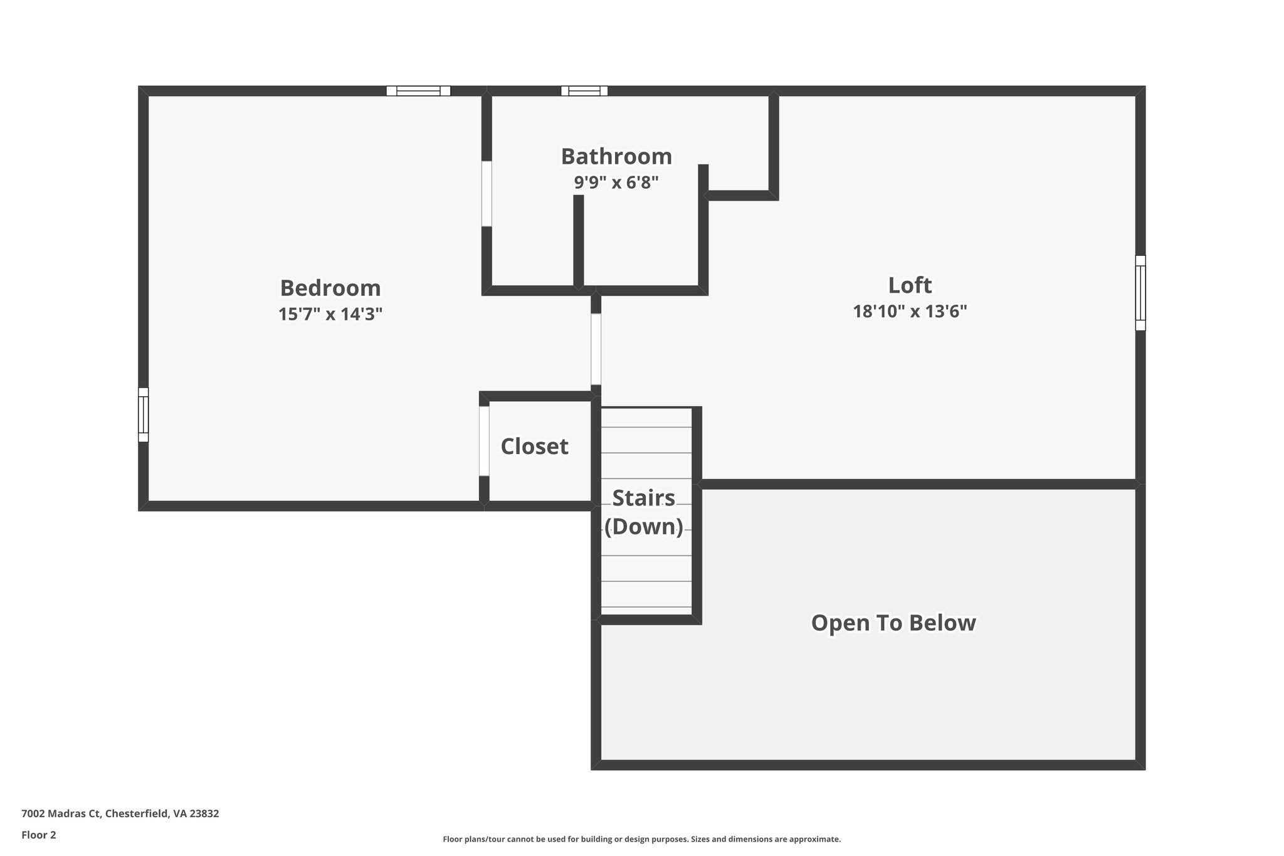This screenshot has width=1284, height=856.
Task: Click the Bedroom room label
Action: (330, 288)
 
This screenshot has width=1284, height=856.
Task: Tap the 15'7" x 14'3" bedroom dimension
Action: (330, 314)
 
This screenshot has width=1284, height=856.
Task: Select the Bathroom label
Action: (616, 156)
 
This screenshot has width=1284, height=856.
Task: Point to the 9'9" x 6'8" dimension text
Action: (616, 182)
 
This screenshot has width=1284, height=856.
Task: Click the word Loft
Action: (910, 285)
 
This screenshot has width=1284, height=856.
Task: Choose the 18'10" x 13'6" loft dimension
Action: (910, 311)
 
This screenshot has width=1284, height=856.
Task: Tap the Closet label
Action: (534, 446)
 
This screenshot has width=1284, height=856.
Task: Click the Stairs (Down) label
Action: (644, 512)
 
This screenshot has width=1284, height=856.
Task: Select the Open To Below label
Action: (893, 623)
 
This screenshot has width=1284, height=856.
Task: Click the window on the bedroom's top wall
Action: (418, 91)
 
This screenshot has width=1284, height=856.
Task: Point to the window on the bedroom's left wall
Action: (144, 415)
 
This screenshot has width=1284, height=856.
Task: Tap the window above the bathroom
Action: (584, 91)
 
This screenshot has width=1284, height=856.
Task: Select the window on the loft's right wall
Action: (1140, 293)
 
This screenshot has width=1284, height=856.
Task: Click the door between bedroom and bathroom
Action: (487, 194)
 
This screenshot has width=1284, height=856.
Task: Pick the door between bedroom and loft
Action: (596, 349)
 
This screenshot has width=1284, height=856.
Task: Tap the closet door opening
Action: (484, 441)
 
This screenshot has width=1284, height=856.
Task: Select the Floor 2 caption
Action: (39, 835)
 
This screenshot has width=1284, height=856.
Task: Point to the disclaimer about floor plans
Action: (641, 839)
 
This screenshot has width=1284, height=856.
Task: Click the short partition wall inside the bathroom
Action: (579, 241)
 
